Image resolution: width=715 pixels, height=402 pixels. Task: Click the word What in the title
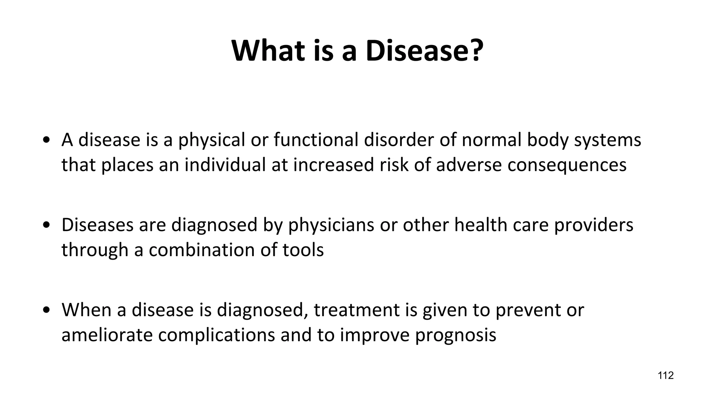[268, 51]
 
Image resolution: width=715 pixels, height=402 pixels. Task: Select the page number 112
[665, 375]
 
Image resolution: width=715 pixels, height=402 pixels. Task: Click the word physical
[212, 140]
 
